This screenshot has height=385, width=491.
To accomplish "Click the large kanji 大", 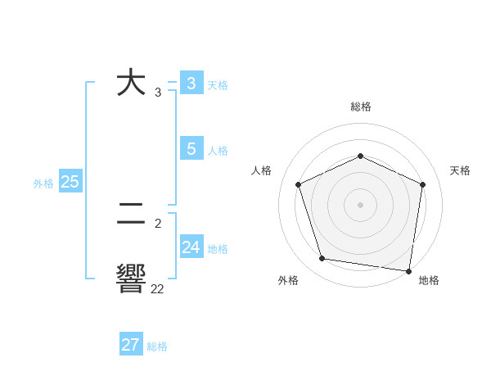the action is [131, 84].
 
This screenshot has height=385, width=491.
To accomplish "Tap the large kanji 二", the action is [131, 215].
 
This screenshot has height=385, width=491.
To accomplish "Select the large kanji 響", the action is [131, 279].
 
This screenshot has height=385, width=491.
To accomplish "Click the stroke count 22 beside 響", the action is [157, 288].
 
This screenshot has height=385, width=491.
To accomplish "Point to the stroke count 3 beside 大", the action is [158, 93].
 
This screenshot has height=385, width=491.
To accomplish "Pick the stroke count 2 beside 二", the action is [158, 223].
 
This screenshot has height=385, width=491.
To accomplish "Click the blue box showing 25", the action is [70, 182].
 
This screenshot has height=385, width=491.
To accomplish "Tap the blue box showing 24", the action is [191, 247].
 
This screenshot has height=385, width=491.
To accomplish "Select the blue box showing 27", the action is [131, 345].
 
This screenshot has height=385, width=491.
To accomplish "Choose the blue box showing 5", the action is [191, 149].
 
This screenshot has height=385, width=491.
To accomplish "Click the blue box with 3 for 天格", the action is [191, 84].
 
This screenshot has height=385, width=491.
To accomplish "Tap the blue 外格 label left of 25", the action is [43, 183].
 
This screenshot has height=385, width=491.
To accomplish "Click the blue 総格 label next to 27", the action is [157, 346].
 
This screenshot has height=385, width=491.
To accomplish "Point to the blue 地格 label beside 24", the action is [218, 249].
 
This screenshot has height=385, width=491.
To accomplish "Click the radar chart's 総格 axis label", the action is [360, 106].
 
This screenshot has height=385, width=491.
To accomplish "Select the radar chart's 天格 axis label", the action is [460, 170].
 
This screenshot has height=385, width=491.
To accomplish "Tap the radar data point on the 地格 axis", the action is [408, 270].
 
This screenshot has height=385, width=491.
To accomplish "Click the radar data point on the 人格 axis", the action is [299, 184].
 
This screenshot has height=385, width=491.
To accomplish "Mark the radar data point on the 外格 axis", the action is [322, 259].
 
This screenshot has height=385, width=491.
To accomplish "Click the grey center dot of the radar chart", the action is [360, 204].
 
